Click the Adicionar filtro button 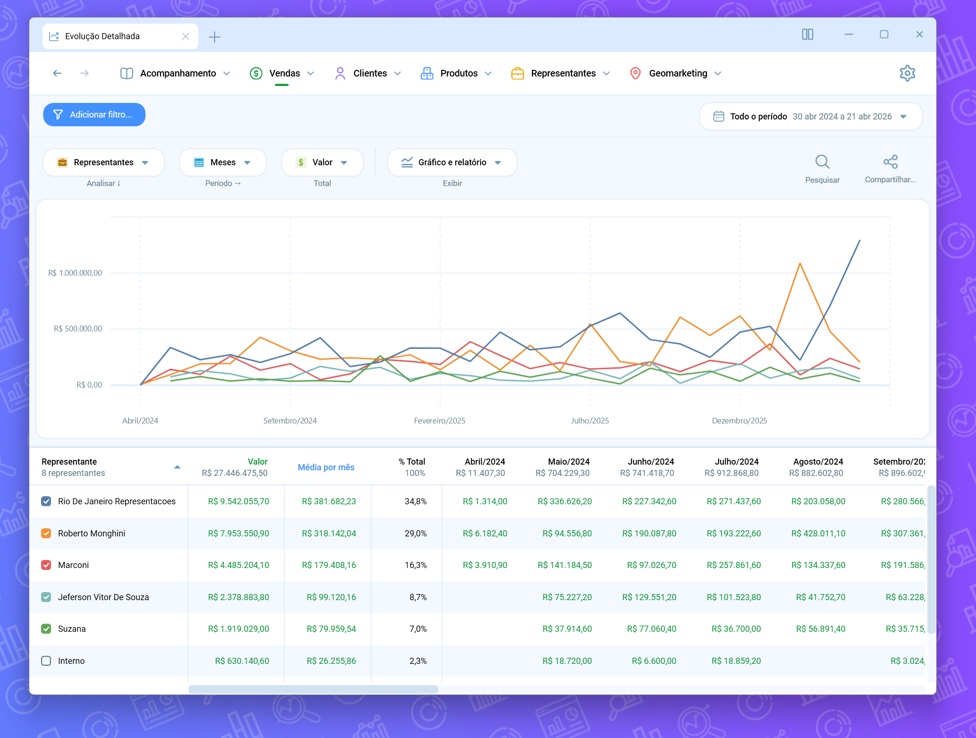click(94, 115)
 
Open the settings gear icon click(907, 73)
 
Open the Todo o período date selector click(811, 117)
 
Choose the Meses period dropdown click(223, 162)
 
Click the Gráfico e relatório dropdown click(452, 162)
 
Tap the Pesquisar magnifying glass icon click(822, 162)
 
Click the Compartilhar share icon click(890, 162)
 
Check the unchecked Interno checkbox click(46, 661)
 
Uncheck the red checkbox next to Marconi click(46, 565)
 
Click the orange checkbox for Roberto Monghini click(46, 533)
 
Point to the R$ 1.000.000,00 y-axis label click(75, 273)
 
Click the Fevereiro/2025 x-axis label click(440, 421)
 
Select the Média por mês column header click(326, 467)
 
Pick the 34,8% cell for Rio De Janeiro click(416, 501)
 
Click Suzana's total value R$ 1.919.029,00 click(238, 629)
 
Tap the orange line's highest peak click(800, 263)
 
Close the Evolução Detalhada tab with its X click(186, 36)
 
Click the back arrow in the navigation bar click(57, 73)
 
